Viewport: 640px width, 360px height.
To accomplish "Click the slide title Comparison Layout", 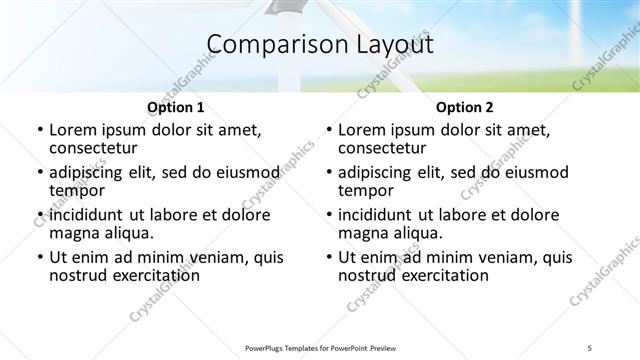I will coord(320,45).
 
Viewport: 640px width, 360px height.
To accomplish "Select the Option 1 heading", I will coord(176,107).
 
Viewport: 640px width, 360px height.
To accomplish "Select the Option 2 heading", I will coord(465,107).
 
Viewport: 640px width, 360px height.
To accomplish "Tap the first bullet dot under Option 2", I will coord(328,130).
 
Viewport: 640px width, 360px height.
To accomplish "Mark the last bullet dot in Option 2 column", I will coord(328,257).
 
